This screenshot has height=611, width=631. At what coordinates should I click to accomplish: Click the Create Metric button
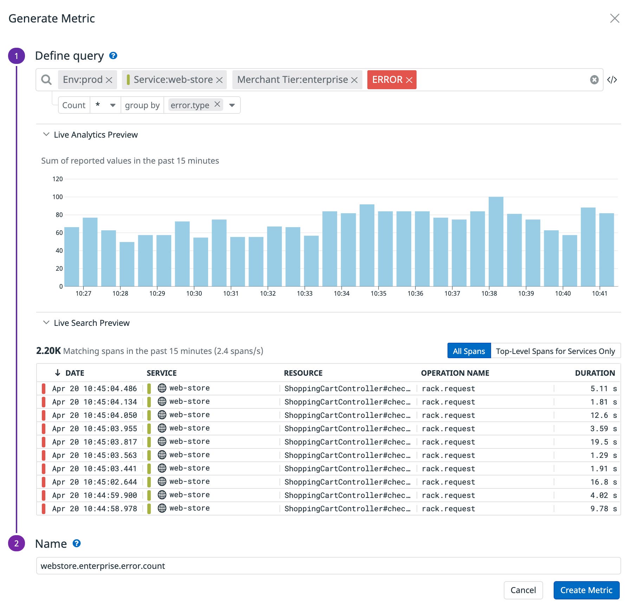click(586, 590)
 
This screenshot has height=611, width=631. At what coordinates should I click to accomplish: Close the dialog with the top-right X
click(614, 18)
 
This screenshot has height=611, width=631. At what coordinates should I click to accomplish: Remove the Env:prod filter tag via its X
click(109, 80)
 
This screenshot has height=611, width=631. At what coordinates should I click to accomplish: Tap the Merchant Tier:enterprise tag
click(292, 80)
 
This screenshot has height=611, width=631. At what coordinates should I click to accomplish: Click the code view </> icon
click(612, 80)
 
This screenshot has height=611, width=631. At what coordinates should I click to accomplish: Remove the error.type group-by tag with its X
click(217, 104)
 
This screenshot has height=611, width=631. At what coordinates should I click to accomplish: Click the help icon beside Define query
click(113, 55)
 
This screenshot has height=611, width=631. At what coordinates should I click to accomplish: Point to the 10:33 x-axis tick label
click(304, 294)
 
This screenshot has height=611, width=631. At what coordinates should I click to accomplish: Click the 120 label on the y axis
click(57, 179)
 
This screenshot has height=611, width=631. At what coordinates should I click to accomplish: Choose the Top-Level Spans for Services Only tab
click(555, 351)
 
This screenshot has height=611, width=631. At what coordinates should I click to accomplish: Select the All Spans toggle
click(469, 351)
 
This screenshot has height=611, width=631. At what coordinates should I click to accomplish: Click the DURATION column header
click(594, 373)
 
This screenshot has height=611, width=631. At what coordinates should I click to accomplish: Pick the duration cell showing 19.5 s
click(603, 442)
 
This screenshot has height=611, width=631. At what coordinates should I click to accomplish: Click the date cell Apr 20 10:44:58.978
click(95, 509)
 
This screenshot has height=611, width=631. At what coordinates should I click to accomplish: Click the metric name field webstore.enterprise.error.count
click(328, 566)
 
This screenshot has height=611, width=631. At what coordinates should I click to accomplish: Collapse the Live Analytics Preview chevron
click(46, 134)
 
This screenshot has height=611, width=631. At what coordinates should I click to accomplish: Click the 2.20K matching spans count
click(49, 351)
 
